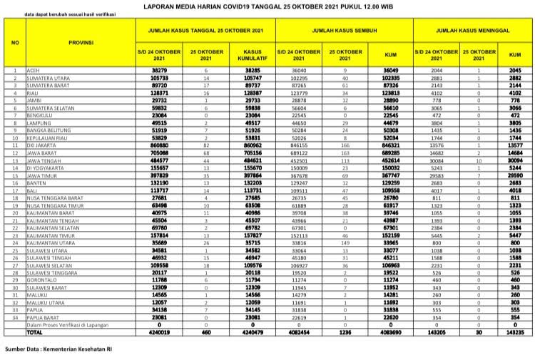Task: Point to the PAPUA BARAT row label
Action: [x=44, y=318]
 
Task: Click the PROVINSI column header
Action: [x=80, y=43]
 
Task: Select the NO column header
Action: [x=14, y=43]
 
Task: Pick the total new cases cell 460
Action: [x=208, y=333]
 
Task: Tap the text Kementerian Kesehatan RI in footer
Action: [x=79, y=350]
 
